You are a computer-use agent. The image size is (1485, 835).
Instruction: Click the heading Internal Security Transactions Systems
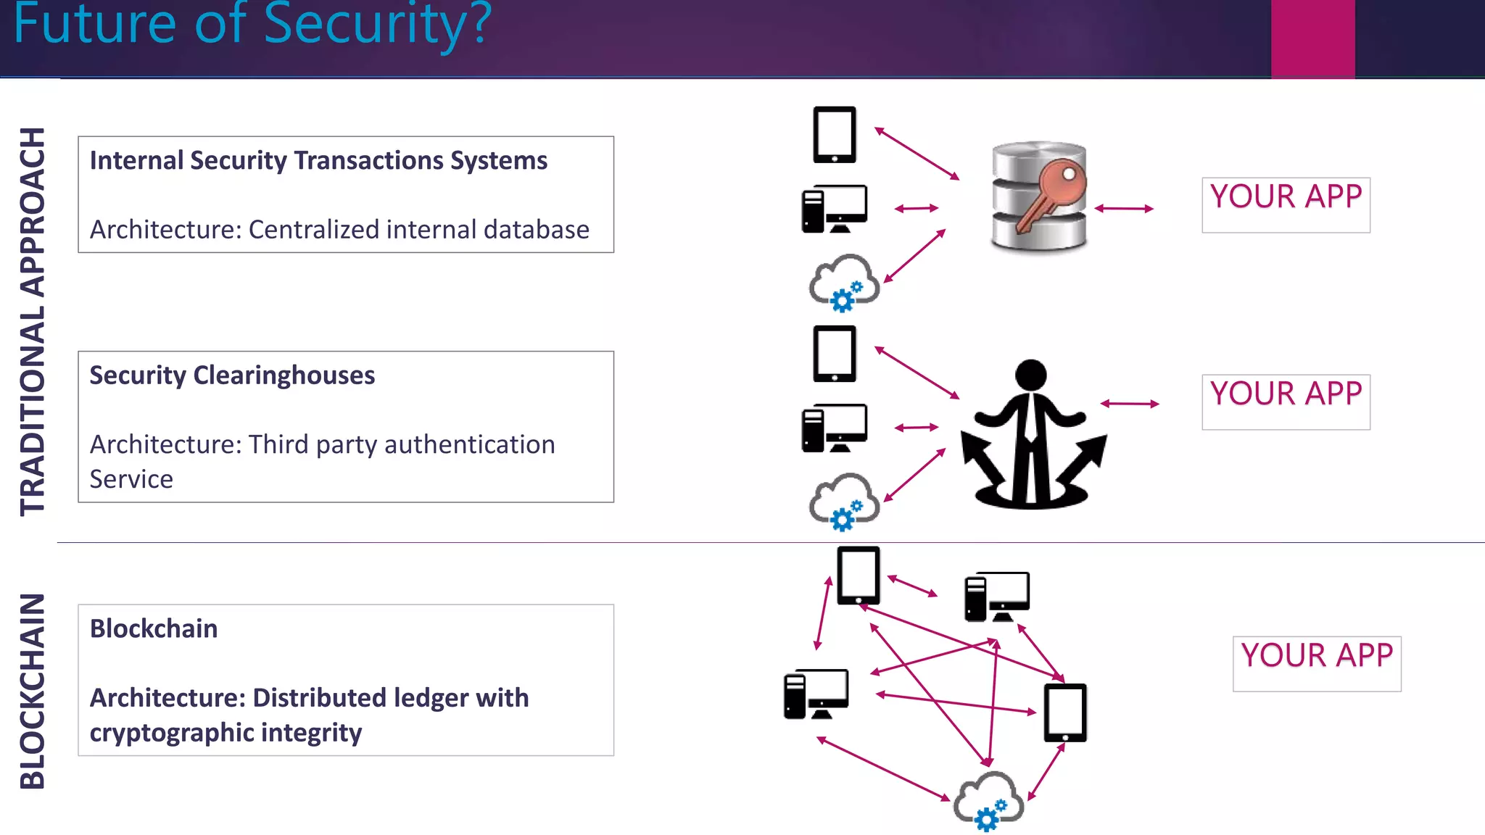tap(318, 160)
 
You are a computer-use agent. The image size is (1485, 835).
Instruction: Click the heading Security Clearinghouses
tap(232, 375)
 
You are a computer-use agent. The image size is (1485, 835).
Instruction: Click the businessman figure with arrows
tap(1032, 435)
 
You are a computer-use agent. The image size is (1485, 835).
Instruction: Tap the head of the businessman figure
tap(1030, 375)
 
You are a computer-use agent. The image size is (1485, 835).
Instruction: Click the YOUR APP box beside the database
tap(1286, 204)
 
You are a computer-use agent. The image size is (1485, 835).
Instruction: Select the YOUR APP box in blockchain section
tap(1316, 663)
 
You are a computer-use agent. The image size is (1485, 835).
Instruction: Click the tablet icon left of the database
tap(835, 135)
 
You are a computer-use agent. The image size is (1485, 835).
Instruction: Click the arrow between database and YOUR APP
tap(1123, 209)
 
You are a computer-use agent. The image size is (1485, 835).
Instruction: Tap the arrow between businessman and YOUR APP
tap(1129, 404)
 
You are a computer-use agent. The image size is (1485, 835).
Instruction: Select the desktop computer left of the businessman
tap(834, 428)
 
